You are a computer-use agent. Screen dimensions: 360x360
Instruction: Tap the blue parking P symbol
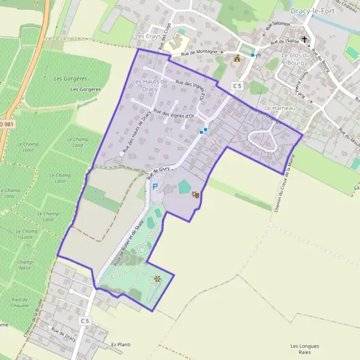(155, 187)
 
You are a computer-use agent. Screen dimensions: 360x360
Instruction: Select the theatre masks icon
(195, 194)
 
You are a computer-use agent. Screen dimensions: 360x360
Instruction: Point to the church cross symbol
(305, 40)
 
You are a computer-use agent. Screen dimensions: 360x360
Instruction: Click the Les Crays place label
(145, 36)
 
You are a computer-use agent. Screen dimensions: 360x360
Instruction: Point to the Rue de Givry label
(158, 173)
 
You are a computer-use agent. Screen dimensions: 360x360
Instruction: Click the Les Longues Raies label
(304, 349)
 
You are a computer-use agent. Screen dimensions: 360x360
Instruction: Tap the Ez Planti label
(121, 344)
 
